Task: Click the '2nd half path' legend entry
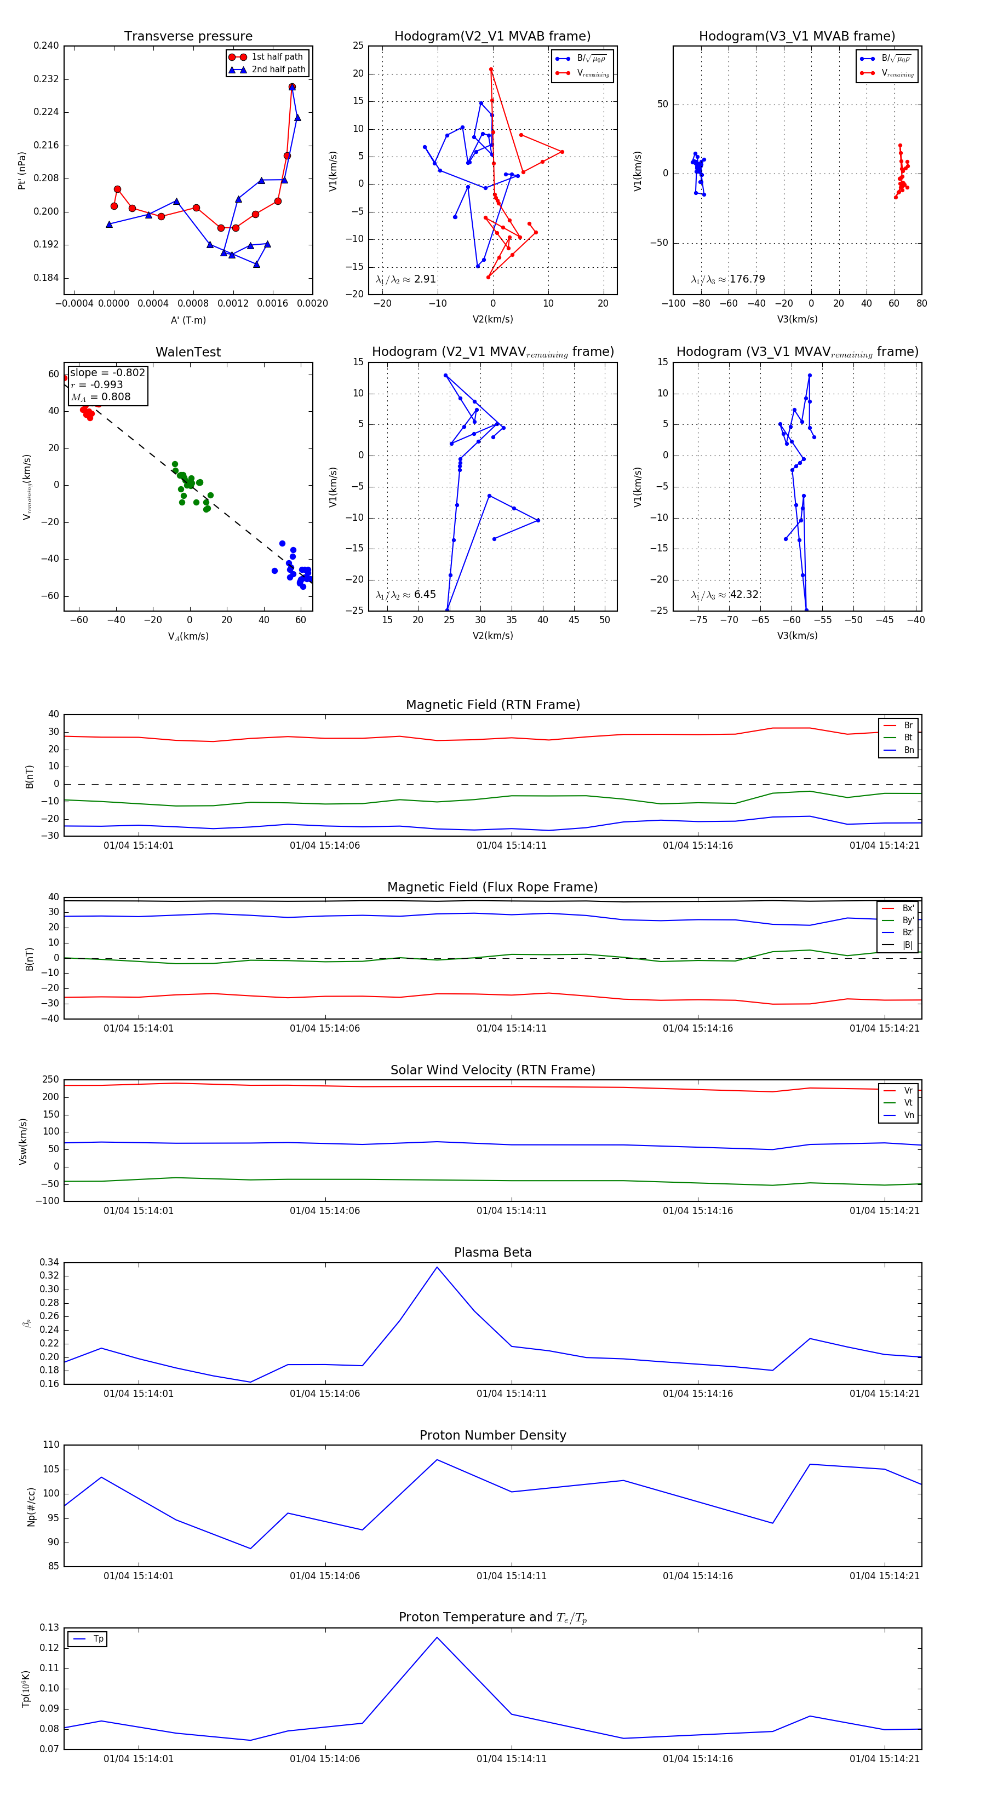[278, 70]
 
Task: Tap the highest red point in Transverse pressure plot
[292, 87]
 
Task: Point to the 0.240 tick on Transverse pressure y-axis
[47, 45]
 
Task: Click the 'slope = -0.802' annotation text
[107, 372]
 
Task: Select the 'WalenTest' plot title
[188, 352]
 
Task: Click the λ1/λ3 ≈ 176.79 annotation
[728, 279]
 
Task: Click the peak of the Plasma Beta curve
[437, 1267]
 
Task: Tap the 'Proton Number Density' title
[492, 1435]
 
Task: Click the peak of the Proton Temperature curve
[437, 1637]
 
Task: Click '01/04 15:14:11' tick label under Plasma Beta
[511, 1393]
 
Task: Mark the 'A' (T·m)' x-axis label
[188, 320]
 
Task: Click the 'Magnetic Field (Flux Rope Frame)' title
[492, 888]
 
